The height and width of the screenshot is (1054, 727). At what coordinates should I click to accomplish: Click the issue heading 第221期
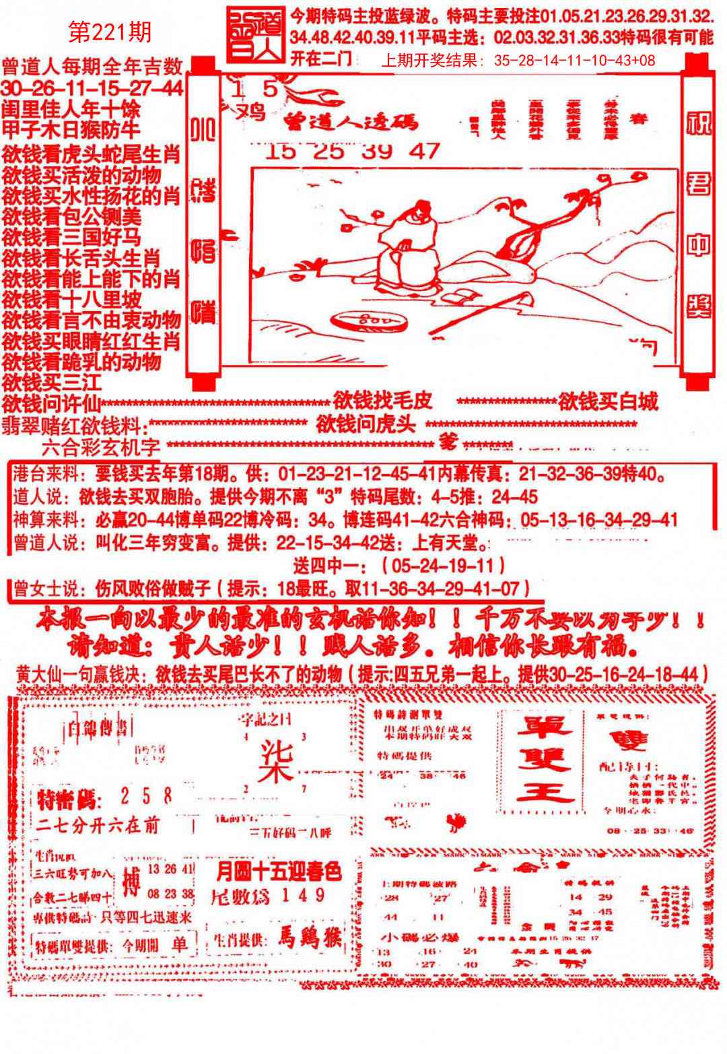pos(110,31)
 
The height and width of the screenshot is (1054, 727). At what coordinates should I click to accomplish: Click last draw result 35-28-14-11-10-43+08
pos(574,61)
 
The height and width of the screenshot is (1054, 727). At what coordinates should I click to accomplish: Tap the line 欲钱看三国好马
pos(71,237)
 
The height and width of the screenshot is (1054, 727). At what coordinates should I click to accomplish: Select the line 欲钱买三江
pos(51,383)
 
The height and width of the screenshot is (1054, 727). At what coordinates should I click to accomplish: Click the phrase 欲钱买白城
pos(607,403)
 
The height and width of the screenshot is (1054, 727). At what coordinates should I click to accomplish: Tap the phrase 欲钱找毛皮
pos(382,401)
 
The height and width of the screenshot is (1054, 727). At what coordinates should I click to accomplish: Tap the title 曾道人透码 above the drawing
pos(350,121)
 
